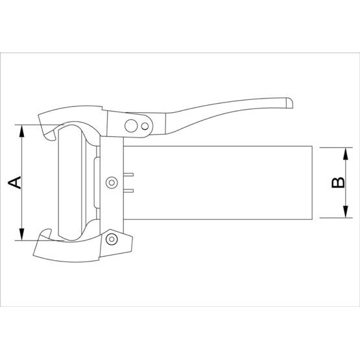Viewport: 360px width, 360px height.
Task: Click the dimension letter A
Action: [14, 182]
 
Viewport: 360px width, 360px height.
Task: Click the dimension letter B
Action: [338, 182]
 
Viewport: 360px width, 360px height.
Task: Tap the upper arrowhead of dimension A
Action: [21, 131]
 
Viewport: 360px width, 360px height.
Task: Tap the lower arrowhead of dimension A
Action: [21, 234]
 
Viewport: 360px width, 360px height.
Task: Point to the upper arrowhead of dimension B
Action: [346, 154]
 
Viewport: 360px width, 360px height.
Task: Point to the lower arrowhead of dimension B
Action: [346, 211]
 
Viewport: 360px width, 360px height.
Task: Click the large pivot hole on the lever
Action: [131, 126]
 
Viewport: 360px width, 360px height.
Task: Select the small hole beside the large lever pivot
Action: [145, 126]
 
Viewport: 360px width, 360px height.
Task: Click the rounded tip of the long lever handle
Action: [289, 103]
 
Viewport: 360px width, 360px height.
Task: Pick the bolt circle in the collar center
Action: [112, 182]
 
